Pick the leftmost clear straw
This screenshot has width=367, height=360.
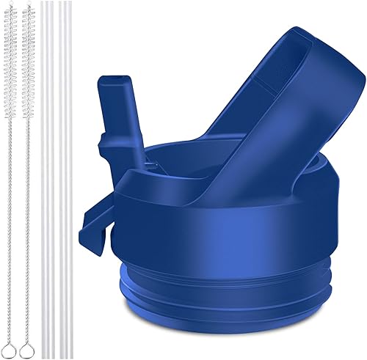coord(43,183)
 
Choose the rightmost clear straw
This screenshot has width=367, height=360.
coord(70,183)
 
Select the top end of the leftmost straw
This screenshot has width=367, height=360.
coord(43,4)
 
